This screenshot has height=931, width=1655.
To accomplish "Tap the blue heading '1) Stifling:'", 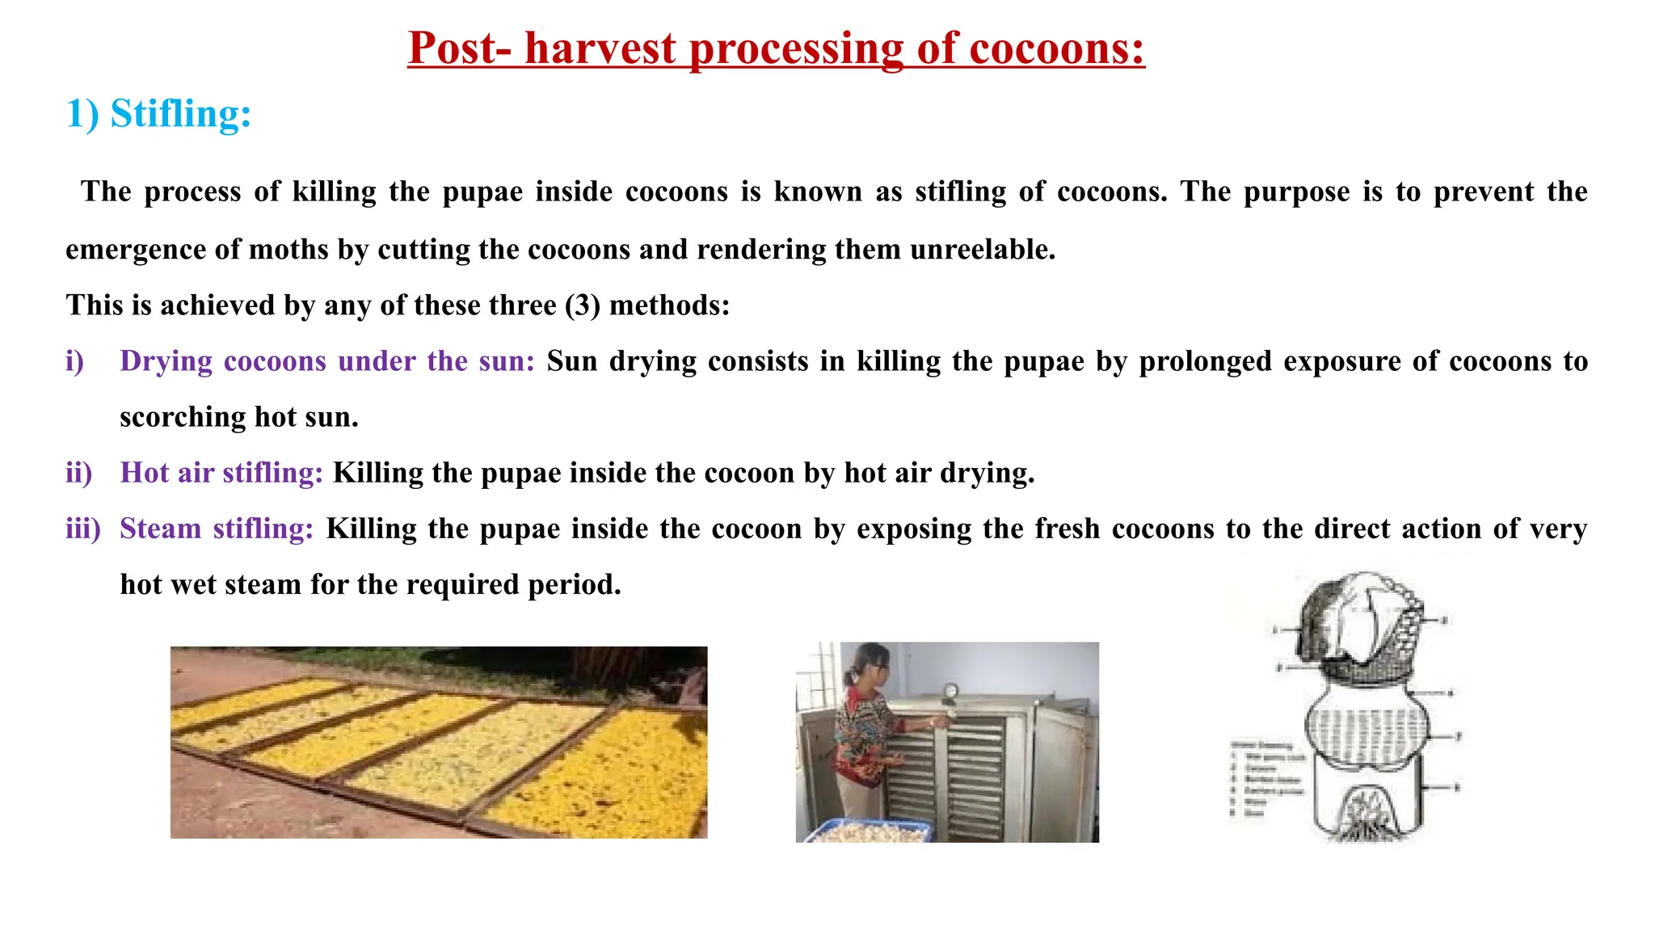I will pos(158,113).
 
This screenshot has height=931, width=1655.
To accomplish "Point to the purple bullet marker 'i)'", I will pos(75,361).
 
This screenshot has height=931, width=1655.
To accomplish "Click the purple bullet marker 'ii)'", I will pos(79,473).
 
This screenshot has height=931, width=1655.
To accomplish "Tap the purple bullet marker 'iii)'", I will pos(83,529).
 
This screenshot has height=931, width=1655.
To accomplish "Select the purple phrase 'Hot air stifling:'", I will pos(221,473).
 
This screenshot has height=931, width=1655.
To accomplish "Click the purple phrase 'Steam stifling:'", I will pos(217,529).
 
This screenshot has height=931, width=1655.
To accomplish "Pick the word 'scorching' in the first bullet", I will pos(183,417).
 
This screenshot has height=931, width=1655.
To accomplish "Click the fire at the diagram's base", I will pos(1366,816).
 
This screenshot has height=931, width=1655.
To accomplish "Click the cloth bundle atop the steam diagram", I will pos(1358,622).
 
